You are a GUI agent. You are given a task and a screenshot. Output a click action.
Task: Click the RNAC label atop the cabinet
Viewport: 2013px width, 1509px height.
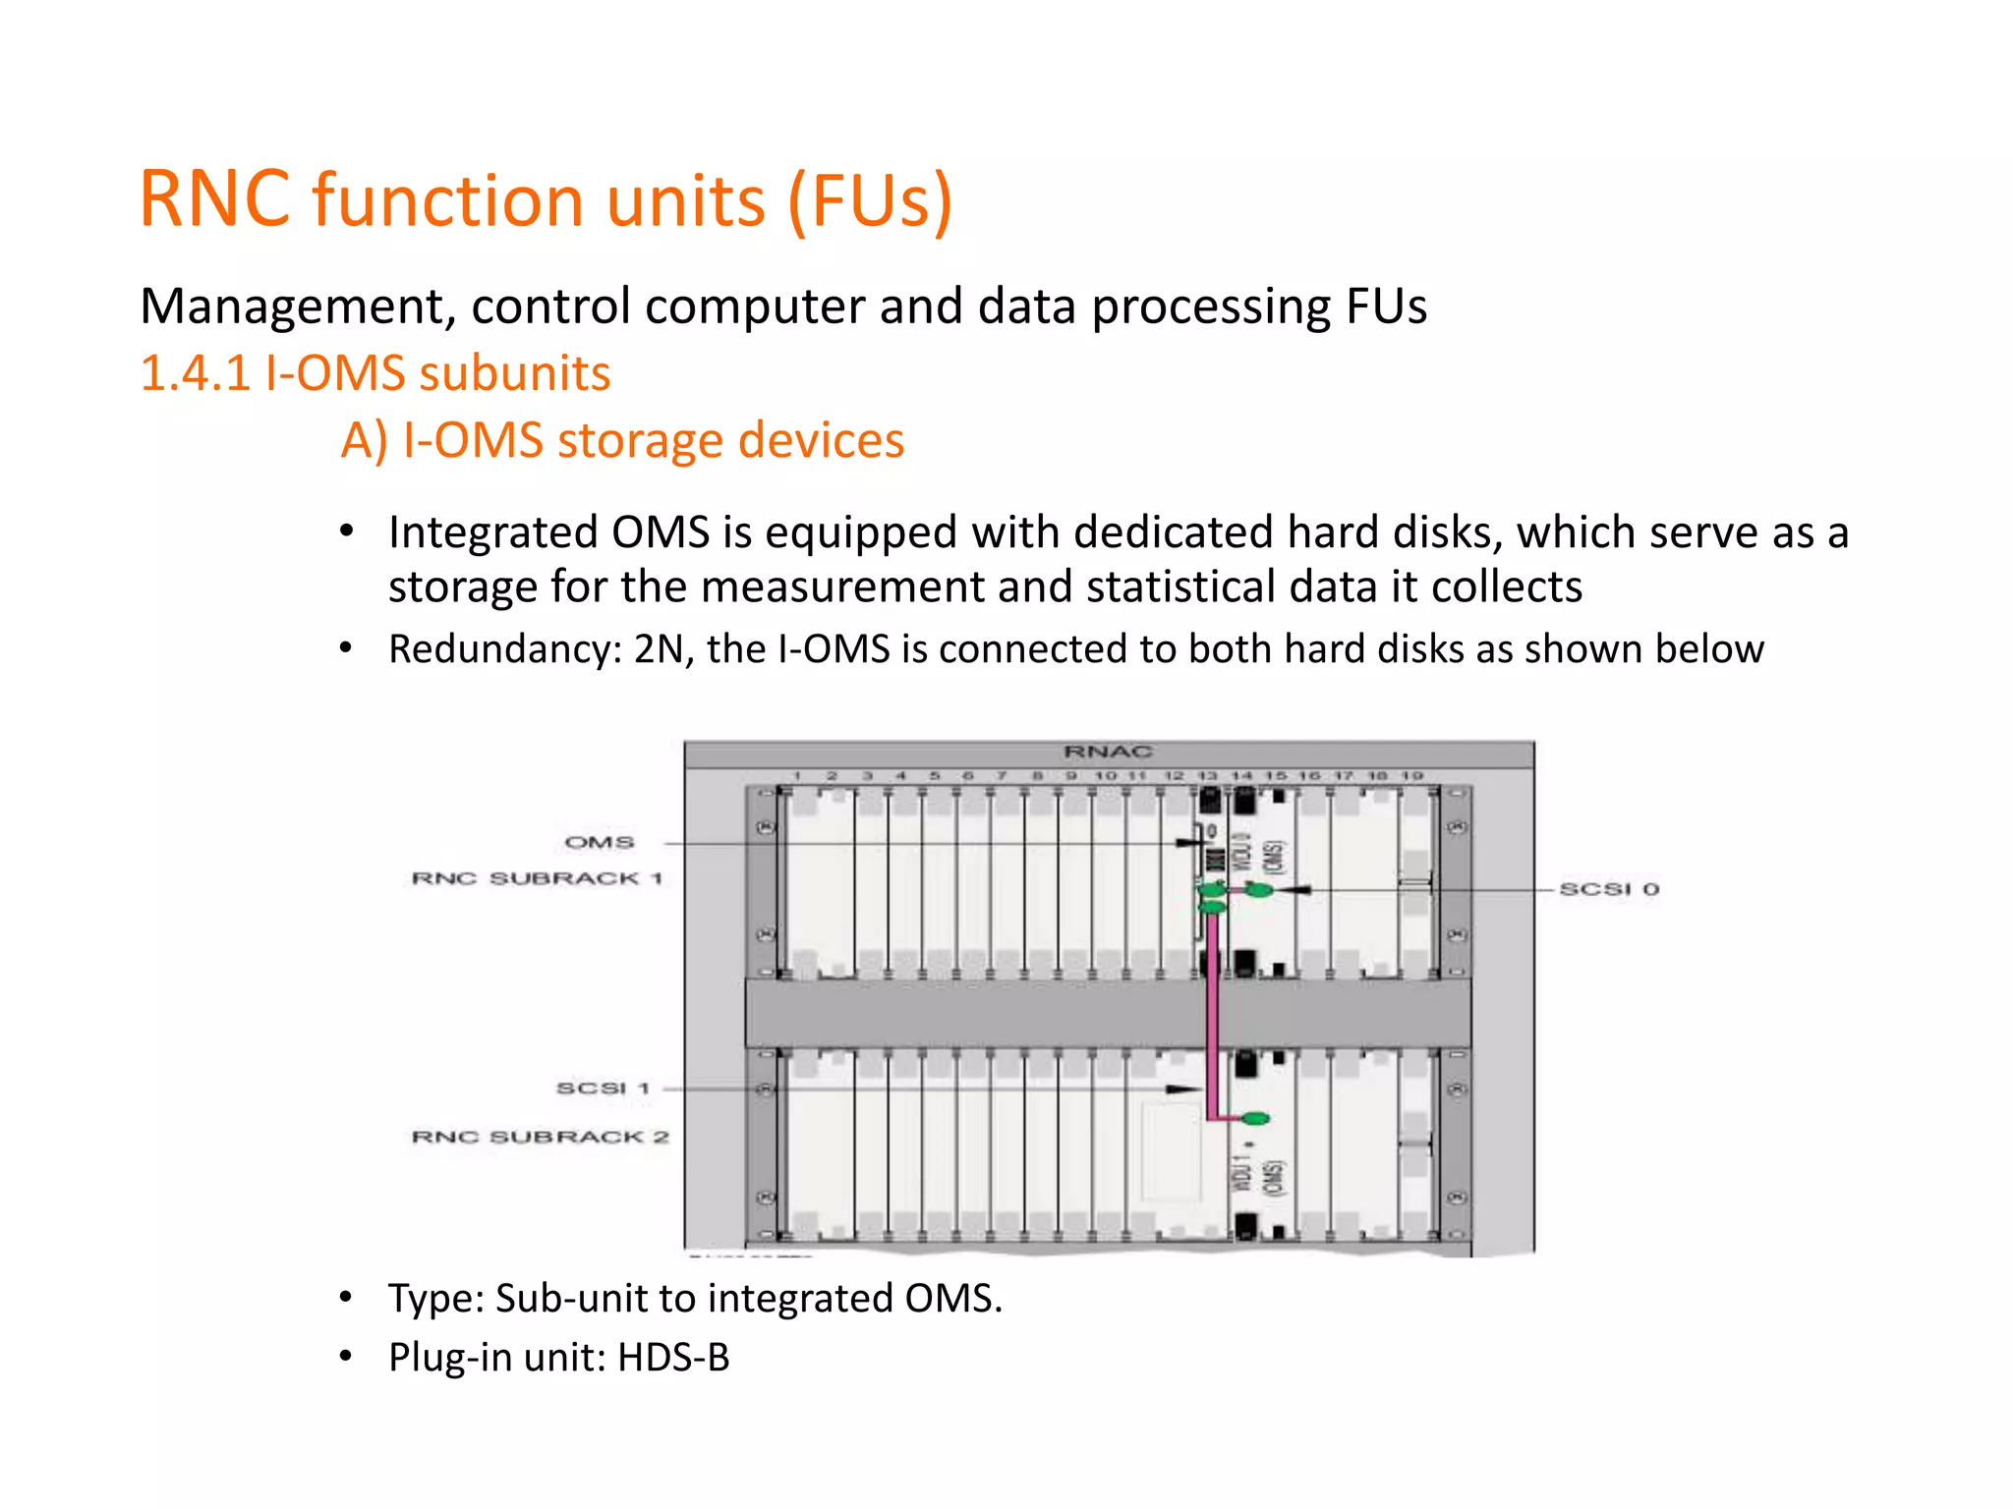tap(1108, 753)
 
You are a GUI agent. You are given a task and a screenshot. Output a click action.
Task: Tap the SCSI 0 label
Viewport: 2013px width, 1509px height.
tap(1609, 889)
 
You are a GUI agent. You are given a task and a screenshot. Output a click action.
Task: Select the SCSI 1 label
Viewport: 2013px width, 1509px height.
tap(603, 1089)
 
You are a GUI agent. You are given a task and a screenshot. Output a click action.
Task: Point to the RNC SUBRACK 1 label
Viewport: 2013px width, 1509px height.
tap(537, 878)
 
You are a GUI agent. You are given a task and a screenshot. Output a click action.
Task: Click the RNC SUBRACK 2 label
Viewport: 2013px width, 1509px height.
tap(540, 1137)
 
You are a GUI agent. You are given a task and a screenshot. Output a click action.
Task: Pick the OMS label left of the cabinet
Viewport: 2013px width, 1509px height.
tap(600, 843)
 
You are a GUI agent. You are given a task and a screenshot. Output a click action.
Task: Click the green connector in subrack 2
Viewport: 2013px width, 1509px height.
tap(1254, 1118)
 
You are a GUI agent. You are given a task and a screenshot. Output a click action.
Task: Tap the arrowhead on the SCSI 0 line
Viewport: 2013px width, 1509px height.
tap(1297, 889)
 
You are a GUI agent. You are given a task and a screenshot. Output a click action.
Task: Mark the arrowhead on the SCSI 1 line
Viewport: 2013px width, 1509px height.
tap(1179, 1090)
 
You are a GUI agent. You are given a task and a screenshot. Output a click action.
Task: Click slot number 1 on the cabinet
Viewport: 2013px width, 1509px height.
tap(797, 776)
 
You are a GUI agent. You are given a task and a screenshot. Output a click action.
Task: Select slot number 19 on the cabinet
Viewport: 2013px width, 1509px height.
tap(1412, 776)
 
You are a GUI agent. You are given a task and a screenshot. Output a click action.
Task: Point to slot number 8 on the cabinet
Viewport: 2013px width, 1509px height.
tap(1037, 776)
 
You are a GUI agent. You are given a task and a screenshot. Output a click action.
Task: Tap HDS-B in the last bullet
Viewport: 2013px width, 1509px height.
tap(673, 1358)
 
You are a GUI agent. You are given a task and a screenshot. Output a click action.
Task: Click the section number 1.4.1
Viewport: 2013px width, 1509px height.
tap(196, 374)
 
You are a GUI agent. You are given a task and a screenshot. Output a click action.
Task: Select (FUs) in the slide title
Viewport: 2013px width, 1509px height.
tap(870, 200)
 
